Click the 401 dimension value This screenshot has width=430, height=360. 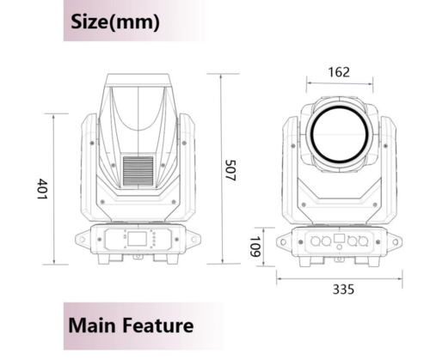(x=42, y=189)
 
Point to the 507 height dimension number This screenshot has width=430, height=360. (x=230, y=170)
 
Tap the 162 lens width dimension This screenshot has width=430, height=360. (x=339, y=72)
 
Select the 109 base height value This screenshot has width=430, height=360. (x=255, y=247)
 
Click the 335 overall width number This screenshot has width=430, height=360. (x=343, y=290)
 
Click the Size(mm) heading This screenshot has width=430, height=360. (x=115, y=21)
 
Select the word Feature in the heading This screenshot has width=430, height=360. (x=158, y=326)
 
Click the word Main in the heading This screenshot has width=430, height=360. (x=92, y=326)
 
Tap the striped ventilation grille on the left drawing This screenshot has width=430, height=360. (x=138, y=172)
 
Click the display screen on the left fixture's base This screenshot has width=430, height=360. (x=137, y=239)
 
